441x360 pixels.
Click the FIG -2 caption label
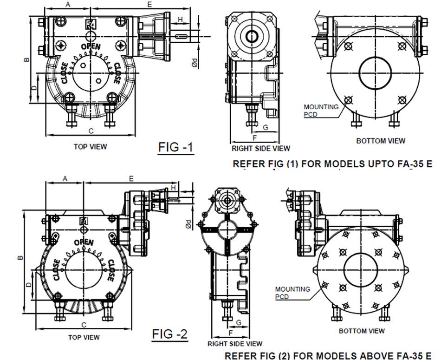click(x=170, y=334)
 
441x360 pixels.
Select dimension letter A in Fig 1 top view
click(x=68, y=5)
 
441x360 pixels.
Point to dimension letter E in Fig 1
click(x=149, y=5)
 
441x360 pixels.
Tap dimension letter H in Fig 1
click(x=181, y=19)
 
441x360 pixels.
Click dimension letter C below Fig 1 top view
click(x=91, y=131)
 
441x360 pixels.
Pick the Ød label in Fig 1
click(x=196, y=62)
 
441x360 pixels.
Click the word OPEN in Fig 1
click(x=90, y=46)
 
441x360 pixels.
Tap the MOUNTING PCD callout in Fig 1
click(x=321, y=110)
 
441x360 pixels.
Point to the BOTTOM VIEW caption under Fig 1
click(x=380, y=141)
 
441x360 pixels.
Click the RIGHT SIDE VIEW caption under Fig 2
click(x=235, y=344)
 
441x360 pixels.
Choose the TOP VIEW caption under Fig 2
click(x=84, y=337)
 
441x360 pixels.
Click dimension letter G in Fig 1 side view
click(x=266, y=127)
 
